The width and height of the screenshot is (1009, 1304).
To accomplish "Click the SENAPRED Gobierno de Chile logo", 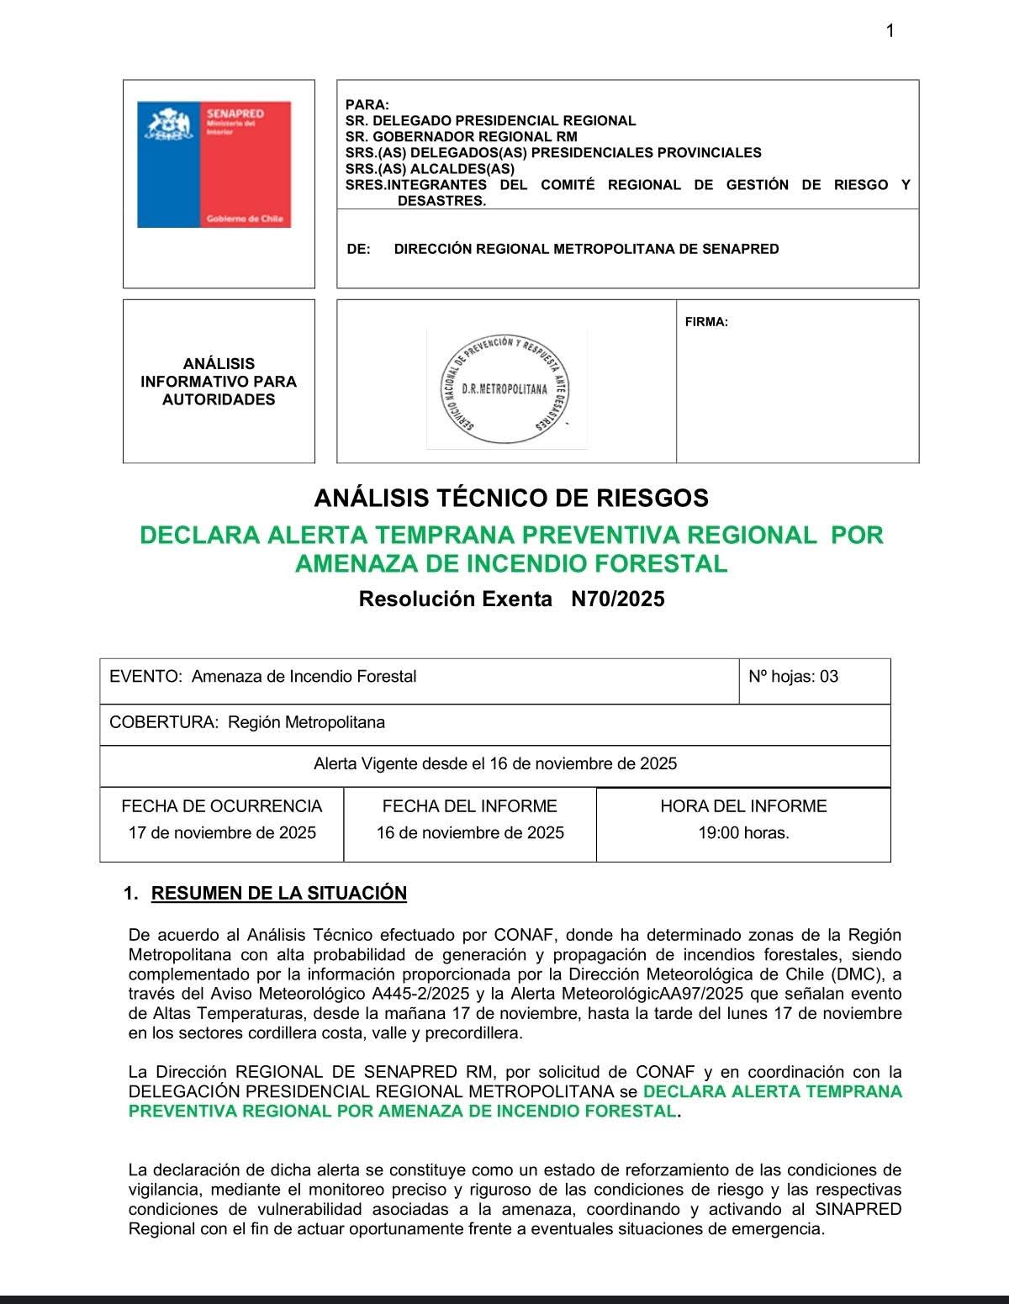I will pyautogui.click(x=214, y=165).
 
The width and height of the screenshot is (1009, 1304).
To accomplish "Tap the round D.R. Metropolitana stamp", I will pyautogui.click(x=506, y=388).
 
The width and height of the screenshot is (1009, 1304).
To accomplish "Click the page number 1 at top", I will pyautogui.click(x=890, y=31).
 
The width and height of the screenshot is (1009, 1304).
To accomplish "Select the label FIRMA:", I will pyautogui.click(x=706, y=321).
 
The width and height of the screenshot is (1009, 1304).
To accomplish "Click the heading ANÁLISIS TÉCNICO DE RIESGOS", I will pyautogui.click(x=511, y=498).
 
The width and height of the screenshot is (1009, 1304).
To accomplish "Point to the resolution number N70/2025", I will pyautogui.click(x=617, y=599).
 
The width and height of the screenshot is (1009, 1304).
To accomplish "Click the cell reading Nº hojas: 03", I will pyautogui.click(x=793, y=677).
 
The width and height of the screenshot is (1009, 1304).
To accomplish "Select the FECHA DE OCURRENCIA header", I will pyautogui.click(x=222, y=806).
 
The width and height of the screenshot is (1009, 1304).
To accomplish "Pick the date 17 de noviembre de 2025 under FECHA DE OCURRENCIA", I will pyautogui.click(x=222, y=832).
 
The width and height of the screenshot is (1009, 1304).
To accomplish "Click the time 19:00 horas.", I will pyautogui.click(x=743, y=832).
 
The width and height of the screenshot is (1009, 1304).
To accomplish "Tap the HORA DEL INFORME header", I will pyautogui.click(x=743, y=806).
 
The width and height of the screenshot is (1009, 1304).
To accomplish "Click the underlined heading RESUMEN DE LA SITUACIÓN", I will pyautogui.click(x=278, y=893).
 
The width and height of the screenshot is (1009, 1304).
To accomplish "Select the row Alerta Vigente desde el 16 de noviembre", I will pyautogui.click(x=494, y=763).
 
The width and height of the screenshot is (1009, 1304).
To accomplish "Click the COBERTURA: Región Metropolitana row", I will pyautogui.click(x=247, y=722).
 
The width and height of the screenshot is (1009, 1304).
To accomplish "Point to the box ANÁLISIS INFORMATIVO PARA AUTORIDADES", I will pyautogui.click(x=219, y=382).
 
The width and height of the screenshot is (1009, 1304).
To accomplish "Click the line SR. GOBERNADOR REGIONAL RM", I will pyautogui.click(x=461, y=136).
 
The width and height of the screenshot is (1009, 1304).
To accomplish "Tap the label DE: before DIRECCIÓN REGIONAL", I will pyautogui.click(x=358, y=249).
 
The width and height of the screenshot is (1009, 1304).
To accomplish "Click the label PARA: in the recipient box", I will pyautogui.click(x=367, y=105).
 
